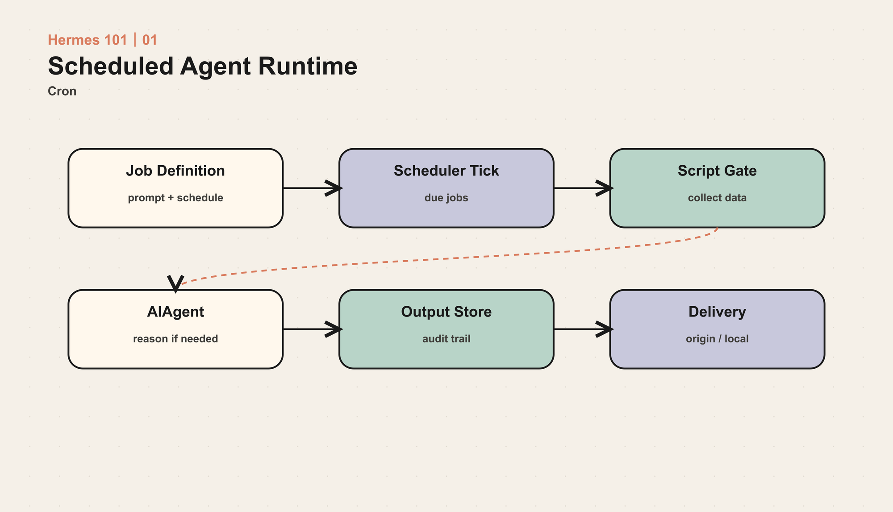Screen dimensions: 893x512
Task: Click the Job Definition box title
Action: click(x=175, y=171)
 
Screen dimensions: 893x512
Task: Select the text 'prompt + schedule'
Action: click(x=175, y=198)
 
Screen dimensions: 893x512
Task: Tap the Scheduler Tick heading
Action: click(x=446, y=171)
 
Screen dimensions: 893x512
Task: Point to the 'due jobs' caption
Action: click(x=446, y=198)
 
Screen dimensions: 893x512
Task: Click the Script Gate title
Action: click(x=717, y=171)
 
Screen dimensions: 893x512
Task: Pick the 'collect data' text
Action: click(x=717, y=198)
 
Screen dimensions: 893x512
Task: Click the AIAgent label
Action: click(x=175, y=312)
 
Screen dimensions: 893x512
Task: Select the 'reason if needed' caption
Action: click(x=175, y=339)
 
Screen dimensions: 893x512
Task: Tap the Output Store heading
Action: click(x=446, y=312)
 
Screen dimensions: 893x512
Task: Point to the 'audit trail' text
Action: click(x=446, y=339)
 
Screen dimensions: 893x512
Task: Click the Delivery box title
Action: click(x=717, y=312)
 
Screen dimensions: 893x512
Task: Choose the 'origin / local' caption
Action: click(x=717, y=339)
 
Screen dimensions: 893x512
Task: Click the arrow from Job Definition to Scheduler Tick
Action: click(x=312, y=188)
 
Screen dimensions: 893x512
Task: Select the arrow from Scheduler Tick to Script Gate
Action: click(x=583, y=188)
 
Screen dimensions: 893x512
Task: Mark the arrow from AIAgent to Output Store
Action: click(x=312, y=329)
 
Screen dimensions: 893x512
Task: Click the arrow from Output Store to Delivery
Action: click(x=583, y=329)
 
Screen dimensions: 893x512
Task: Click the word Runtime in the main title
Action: click(x=308, y=66)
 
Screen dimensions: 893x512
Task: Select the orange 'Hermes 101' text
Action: click(x=88, y=40)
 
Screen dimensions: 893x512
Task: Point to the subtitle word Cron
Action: click(x=62, y=91)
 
